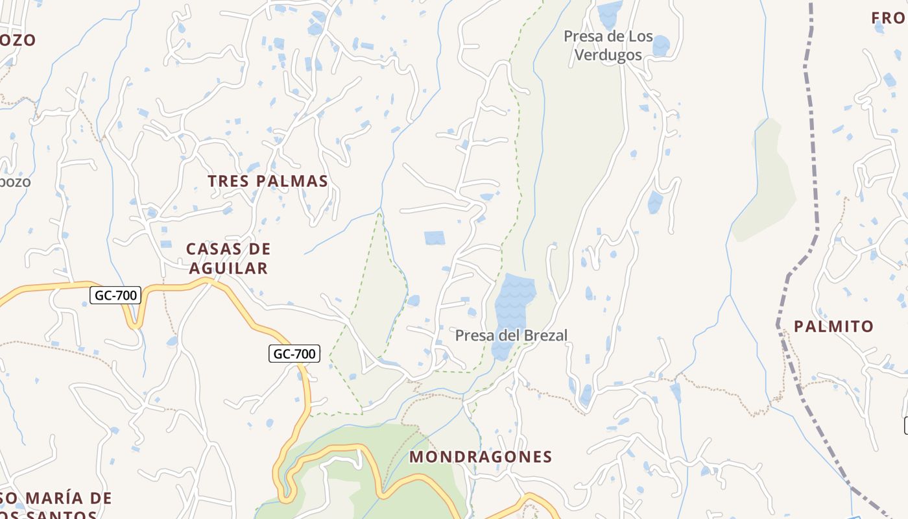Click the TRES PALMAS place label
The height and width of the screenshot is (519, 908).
click(268, 181)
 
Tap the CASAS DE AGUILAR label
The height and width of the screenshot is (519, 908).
click(228, 258)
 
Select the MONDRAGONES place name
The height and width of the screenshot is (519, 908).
click(481, 457)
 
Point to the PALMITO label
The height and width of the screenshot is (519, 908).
click(834, 326)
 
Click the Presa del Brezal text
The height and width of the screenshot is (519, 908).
click(511, 335)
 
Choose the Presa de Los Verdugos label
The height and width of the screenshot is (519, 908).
click(608, 45)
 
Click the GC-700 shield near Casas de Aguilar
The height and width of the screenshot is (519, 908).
click(116, 296)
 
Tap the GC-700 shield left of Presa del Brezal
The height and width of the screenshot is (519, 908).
click(294, 354)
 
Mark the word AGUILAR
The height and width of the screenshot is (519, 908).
click(228, 268)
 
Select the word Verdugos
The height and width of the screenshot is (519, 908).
click(608, 55)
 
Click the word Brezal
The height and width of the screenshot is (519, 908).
click(545, 335)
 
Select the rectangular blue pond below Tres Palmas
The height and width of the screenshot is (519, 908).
click(435, 238)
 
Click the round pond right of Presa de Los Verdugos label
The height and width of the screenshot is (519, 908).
click(661, 45)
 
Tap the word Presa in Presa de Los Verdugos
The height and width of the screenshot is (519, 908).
click(583, 36)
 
